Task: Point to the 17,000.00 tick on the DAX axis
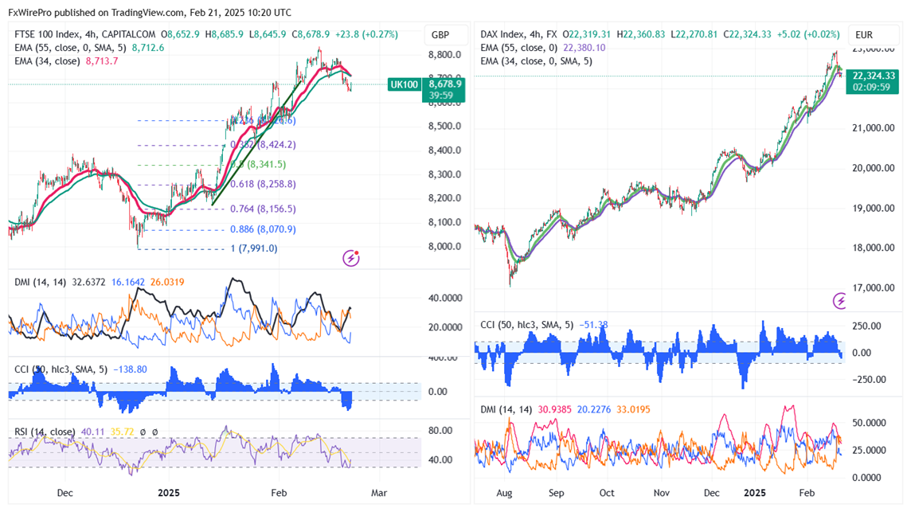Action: (x=874, y=288)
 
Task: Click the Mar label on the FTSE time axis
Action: (x=379, y=493)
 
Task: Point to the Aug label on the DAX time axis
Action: (x=504, y=493)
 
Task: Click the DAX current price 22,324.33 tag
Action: (x=873, y=76)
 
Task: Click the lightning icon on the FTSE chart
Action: (x=351, y=257)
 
